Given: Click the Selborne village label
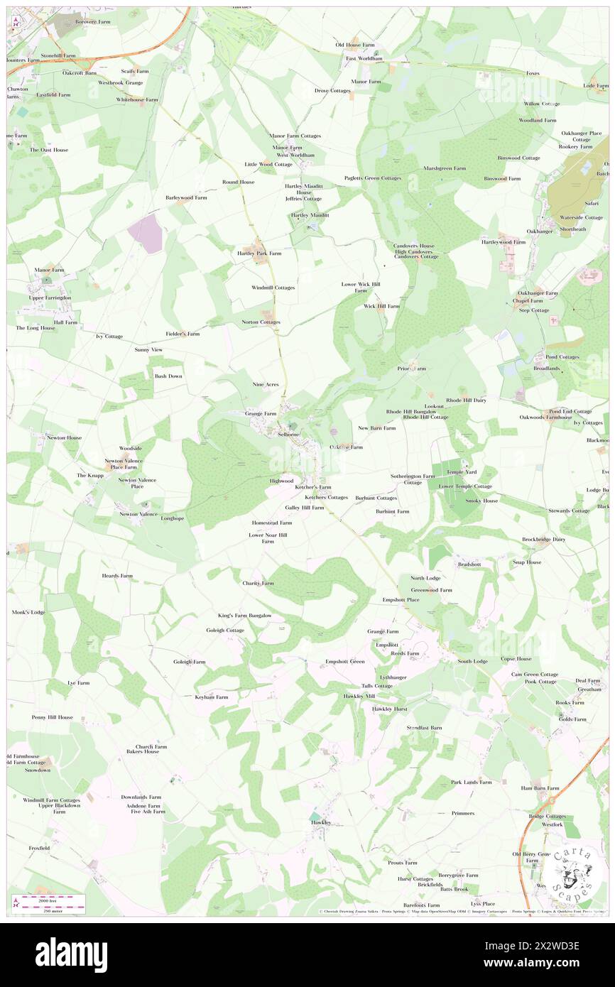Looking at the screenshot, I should point(288,433).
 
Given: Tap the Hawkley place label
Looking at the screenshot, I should point(321,822).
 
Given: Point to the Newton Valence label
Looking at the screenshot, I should point(138,513).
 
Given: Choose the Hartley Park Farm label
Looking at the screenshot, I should point(259,253).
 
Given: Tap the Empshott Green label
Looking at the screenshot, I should point(345,662).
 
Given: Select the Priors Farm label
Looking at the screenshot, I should point(412,369).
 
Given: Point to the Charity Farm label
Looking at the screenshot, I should point(258,583).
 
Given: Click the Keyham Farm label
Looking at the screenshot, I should point(212,697).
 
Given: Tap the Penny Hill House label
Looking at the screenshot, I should point(52,717).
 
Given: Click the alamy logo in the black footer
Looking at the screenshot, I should point(71,954).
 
